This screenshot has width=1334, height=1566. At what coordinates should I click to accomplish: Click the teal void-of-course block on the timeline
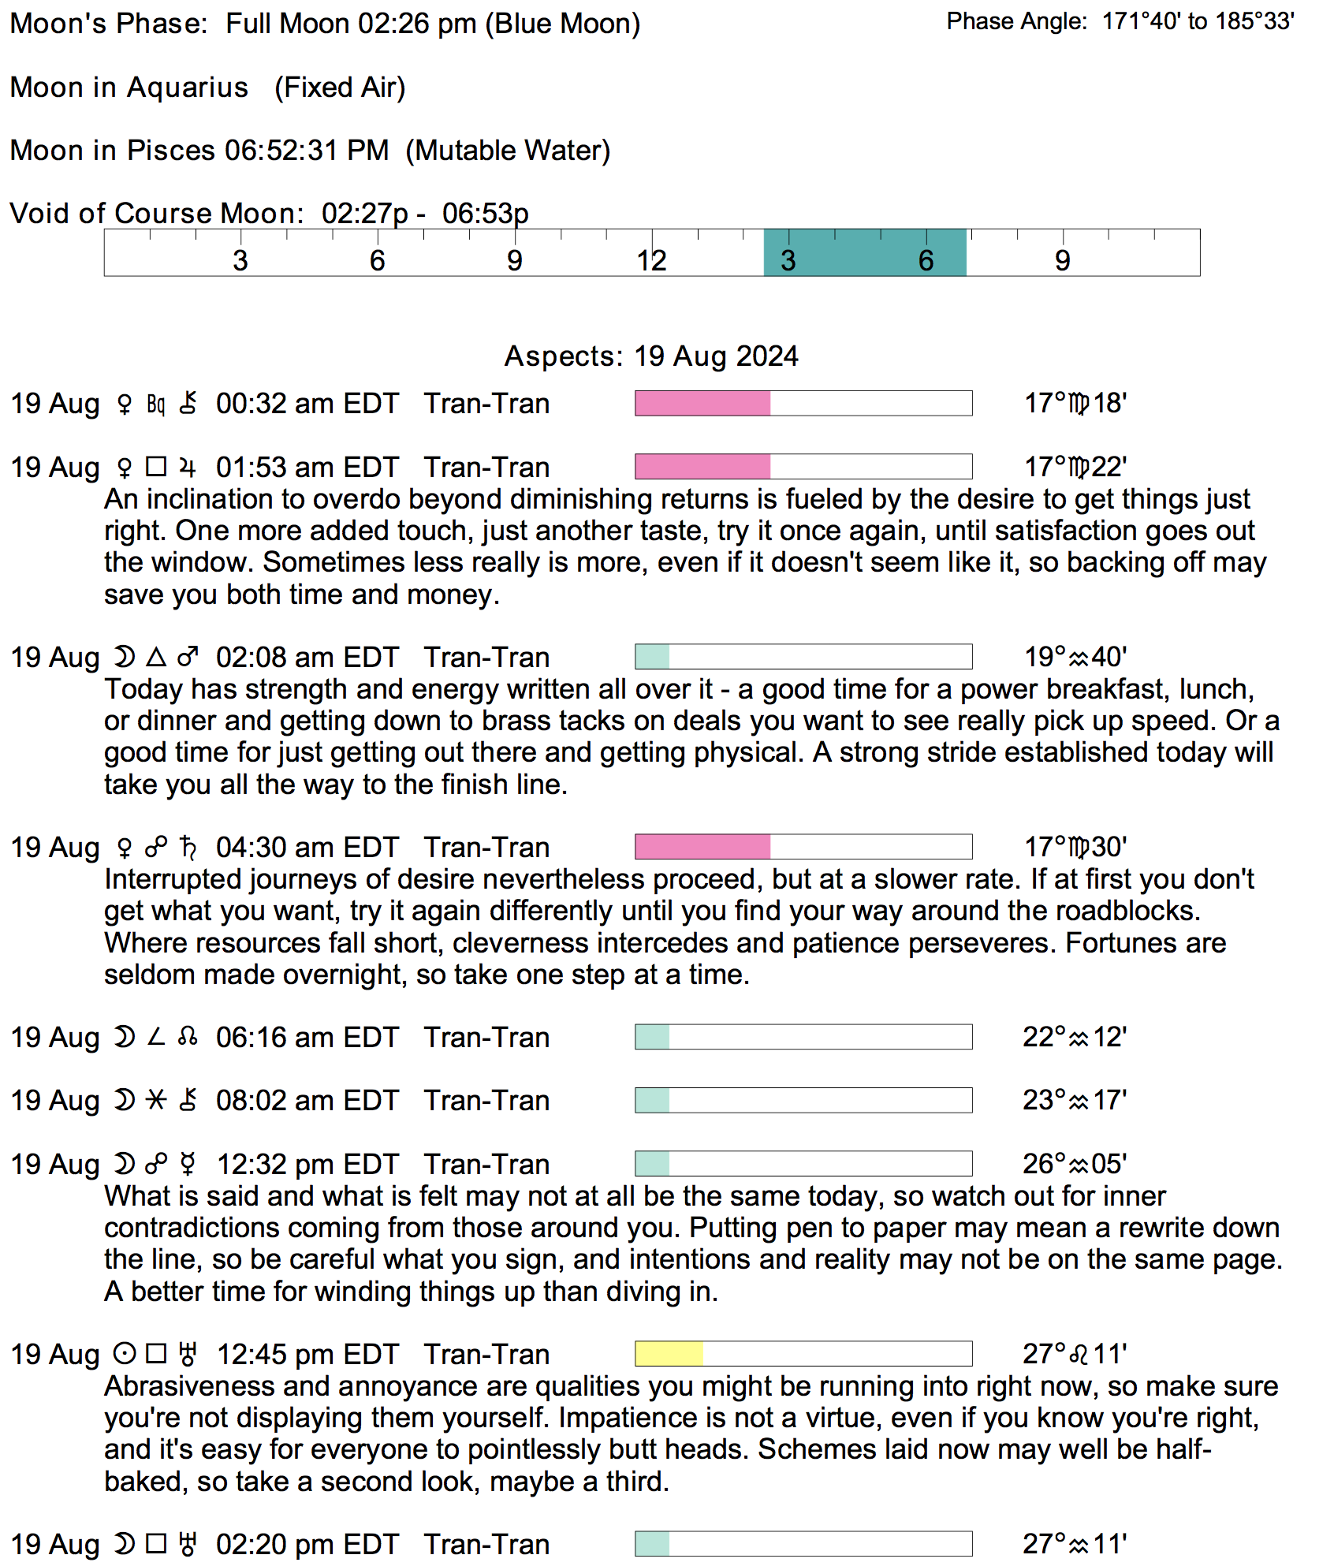click(864, 252)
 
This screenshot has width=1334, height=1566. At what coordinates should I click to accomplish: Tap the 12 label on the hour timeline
click(652, 261)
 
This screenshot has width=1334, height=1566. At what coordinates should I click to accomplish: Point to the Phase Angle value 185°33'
click(1254, 21)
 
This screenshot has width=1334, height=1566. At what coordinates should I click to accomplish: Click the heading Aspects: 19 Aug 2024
click(651, 356)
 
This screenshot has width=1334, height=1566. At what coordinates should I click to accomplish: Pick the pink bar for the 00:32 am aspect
click(702, 404)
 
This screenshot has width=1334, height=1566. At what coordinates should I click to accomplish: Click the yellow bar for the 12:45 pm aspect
click(669, 1354)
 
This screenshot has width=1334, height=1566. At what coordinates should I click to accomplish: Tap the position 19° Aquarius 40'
click(1075, 657)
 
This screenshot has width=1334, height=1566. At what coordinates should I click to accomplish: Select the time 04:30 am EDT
click(307, 848)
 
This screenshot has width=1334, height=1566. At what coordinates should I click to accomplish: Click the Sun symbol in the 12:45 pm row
click(124, 1354)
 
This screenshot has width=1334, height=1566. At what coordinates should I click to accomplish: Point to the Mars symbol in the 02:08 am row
click(188, 657)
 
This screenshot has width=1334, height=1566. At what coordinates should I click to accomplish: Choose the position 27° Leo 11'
click(1075, 1354)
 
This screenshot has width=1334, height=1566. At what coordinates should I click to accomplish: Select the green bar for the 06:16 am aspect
click(652, 1037)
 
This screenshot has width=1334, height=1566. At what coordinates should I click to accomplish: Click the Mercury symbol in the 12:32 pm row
click(188, 1164)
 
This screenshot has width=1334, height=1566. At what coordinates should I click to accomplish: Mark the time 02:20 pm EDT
click(307, 1544)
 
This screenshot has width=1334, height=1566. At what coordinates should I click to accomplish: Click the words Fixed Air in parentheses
click(340, 88)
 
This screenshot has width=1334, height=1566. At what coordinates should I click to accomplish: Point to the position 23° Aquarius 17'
click(1075, 1100)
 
